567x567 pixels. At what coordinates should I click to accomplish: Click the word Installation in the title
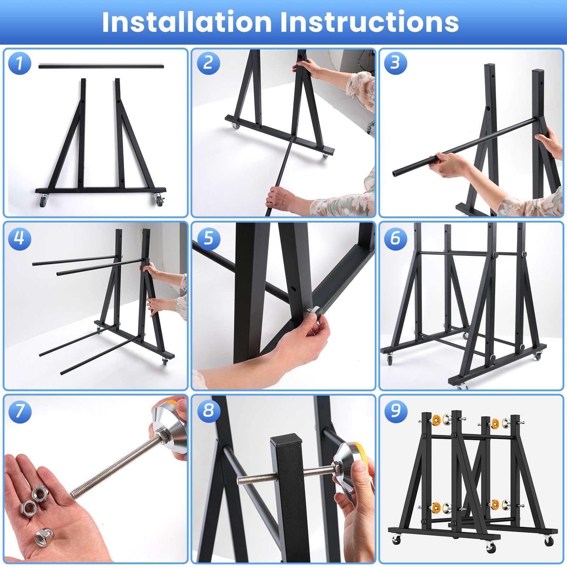pyautogui.click(x=187, y=22)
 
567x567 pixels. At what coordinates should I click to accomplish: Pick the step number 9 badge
pyautogui.click(x=395, y=411)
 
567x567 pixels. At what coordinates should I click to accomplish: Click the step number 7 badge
pyautogui.click(x=19, y=411)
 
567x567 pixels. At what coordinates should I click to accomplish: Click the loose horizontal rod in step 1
pyautogui.click(x=101, y=66)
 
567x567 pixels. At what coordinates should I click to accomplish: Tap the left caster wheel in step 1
pyautogui.click(x=43, y=201)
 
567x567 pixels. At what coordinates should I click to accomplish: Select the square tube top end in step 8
pyautogui.click(x=286, y=440)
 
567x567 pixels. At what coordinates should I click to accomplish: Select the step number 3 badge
pyautogui.click(x=395, y=63)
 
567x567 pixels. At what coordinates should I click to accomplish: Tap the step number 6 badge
pyautogui.click(x=395, y=238)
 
